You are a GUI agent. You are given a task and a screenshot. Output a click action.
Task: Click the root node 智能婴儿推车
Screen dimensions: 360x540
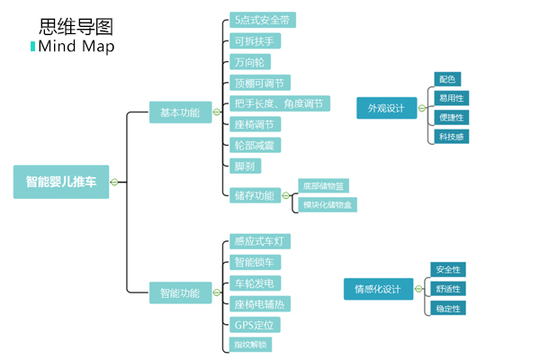pos(61,182)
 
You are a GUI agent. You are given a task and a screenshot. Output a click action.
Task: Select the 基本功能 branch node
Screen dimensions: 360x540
pos(180,112)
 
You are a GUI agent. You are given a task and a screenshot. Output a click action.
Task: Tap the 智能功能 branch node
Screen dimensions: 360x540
pos(180,292)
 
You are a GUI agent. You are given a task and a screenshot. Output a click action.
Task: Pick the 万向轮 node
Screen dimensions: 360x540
pos(249,62)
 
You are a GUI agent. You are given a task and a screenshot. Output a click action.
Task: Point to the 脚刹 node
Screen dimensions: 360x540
pos(244,166)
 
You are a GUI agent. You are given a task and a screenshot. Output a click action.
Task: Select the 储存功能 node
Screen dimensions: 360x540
pos(254,195)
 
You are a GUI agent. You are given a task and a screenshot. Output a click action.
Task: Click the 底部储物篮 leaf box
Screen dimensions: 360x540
pos(323,186)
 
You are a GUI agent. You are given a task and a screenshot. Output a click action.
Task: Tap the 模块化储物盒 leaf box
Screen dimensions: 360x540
pos(328,205)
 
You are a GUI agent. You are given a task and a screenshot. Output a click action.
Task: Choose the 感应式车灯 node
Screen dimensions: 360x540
pos(261,241)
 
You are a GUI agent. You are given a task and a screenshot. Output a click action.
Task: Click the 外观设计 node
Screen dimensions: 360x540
pos(386,108)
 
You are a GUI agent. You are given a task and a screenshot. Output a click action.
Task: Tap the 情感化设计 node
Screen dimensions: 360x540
pos(378,289)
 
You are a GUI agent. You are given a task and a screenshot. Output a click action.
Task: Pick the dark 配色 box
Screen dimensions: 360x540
pos(447,79)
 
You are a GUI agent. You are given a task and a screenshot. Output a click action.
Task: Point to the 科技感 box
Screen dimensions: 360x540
pos(450,137)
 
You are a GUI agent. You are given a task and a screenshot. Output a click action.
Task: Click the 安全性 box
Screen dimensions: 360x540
pos(448,269)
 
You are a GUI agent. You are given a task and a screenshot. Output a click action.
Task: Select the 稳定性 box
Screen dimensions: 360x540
pos(448,309)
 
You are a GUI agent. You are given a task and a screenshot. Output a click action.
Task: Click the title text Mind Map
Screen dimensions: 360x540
pos(76,47)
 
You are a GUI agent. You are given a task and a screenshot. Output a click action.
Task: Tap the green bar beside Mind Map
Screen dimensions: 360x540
pos(33,47)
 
